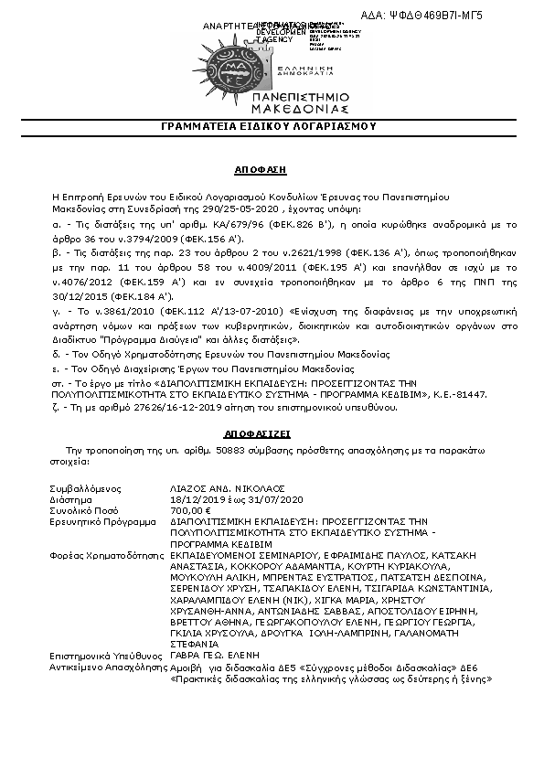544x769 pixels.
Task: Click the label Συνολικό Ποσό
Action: click(x=83, y=510)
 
